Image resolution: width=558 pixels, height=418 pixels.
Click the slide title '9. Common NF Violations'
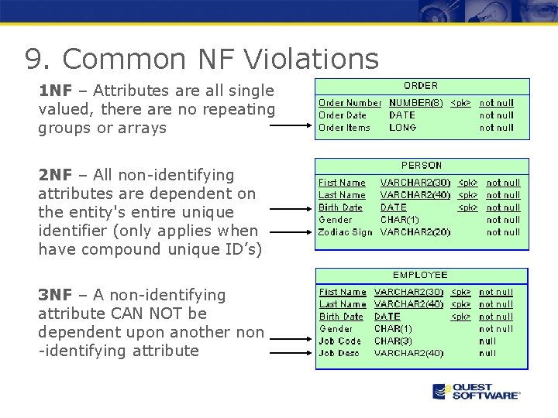[201, 58]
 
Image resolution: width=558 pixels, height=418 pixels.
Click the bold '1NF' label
[54, 91]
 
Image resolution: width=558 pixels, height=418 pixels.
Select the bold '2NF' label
[54, 176]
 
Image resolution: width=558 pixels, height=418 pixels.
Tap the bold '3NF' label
[54, 295]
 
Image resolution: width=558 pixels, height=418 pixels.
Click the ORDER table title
[421, 86]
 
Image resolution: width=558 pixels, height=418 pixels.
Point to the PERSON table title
[421, 166]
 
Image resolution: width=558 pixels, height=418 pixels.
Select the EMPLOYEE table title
[420, 275]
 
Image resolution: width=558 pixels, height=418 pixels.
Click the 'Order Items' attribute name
[344, 128]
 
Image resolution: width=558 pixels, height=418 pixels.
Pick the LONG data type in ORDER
[402, 128]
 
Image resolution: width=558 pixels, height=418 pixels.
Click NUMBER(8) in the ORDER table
[415, 103]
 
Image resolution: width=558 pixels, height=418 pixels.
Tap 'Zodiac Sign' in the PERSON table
[345, 232]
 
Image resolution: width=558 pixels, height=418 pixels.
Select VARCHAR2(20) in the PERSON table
[415, 232]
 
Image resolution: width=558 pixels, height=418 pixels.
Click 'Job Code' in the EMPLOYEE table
[340, 341]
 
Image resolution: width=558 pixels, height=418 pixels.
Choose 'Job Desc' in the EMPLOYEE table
[339, 354]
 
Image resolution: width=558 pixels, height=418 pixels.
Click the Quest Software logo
[476, 392]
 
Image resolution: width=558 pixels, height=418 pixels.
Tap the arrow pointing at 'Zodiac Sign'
[291, 231]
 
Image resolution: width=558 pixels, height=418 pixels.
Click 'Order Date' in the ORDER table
[343, 115]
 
